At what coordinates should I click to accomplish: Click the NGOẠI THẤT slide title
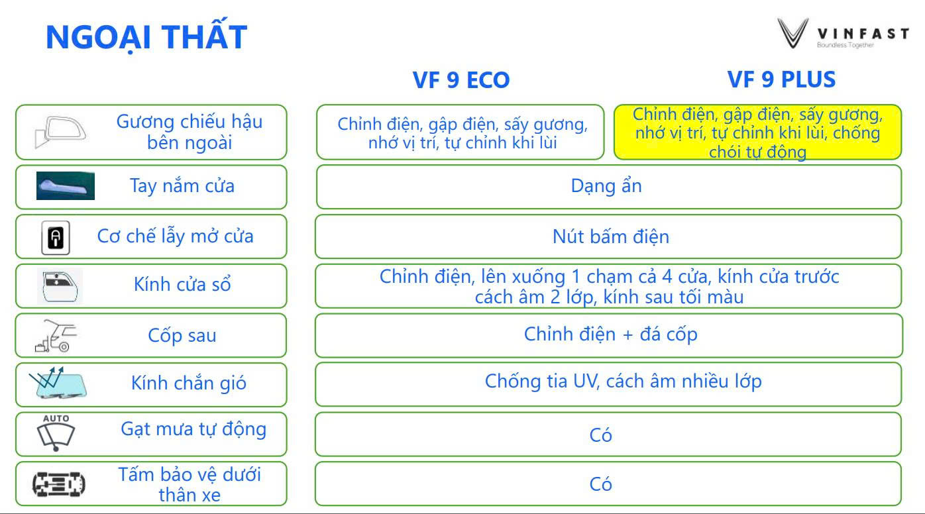coord(146,36)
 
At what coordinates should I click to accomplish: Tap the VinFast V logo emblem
coord(793,33)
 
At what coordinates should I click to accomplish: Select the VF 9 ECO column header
coord(461,79)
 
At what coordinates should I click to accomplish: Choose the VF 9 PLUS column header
coord(781,79)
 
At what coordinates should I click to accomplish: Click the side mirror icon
coord(60,132)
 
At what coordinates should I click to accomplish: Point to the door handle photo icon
coord(65,185)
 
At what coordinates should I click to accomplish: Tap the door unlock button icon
coord(56,238)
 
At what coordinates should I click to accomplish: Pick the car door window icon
coord(60,286)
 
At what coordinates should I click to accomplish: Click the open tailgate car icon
coord(56,336)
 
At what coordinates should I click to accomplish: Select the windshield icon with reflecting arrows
coord(58,383)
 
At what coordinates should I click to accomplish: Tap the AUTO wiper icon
coord(56,433)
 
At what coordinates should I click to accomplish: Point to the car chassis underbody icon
coord(58,484)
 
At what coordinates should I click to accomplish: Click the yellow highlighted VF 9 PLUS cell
coord(757,132)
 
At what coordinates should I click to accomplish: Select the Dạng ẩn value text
coord(606,185)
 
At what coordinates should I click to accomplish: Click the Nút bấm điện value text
coord(611,236)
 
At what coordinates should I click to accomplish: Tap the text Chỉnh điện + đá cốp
coord(611,334)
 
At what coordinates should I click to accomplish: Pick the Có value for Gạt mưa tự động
coord(600,435)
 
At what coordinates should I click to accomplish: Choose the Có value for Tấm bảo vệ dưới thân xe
coord(600,484)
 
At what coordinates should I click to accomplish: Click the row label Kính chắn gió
coord(189,383)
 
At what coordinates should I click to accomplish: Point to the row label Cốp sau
coord(182,335)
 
